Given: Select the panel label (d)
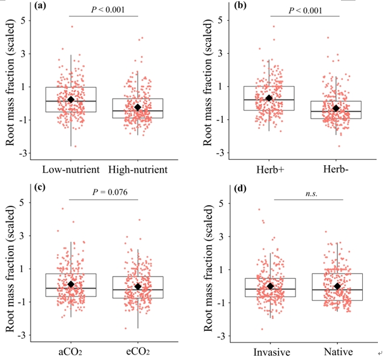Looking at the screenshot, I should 240,188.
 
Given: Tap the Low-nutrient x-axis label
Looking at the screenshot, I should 70,168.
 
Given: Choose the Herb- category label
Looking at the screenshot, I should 336,168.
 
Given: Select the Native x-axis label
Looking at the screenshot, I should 337,352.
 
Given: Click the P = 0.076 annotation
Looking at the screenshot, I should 104,193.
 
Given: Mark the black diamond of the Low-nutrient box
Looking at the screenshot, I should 70,99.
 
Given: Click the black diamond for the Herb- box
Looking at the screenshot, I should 336,108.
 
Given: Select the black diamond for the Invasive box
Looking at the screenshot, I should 270,286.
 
